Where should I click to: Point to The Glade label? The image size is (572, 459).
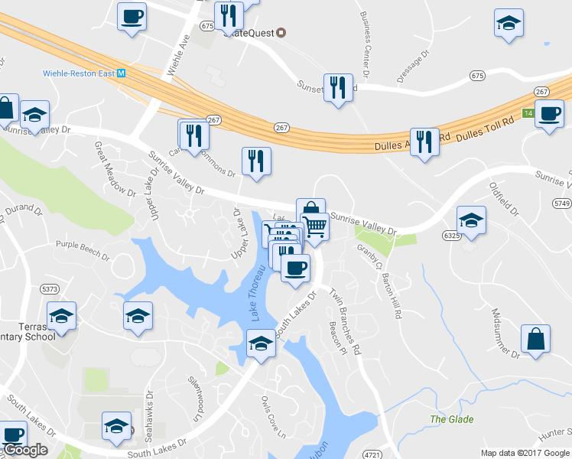click(x=451, y=419)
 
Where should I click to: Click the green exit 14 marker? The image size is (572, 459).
click(x=528, y=112)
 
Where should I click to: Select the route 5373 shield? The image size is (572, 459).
click(x=50, y=288)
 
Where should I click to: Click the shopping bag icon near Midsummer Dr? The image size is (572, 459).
click(x=535, y=339)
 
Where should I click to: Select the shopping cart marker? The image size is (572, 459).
click(x=314, y=226)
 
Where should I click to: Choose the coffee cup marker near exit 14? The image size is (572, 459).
click(x=549, y=115)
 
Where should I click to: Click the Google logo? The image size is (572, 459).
click(x=24, y=450)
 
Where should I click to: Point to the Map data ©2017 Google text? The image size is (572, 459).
click(x=525, y=452)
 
